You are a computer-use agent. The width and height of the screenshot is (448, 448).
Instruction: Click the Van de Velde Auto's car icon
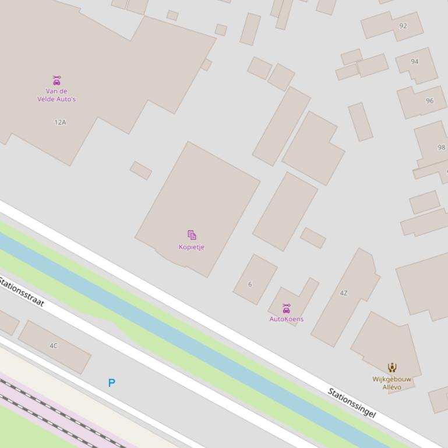coord(57,80)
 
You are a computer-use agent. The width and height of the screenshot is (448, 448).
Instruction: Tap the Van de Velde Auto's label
coord(57,95)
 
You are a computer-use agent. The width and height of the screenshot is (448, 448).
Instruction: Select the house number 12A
coord(60,122)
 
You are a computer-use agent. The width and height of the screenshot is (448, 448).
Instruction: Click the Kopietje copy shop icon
coord(192,235)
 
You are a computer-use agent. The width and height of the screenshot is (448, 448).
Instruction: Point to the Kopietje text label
coord(192,247)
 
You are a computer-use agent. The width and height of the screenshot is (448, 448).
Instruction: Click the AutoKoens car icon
coord(286,308)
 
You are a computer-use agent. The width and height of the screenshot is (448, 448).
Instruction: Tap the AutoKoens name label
coord(286,319)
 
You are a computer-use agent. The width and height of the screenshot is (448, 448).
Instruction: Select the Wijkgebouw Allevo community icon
coord(392,368)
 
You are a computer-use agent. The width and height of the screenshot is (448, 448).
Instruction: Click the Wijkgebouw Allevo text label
coord(392,383)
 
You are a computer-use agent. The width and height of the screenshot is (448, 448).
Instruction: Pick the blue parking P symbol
coord(111,383)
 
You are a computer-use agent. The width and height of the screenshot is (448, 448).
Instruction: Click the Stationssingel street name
coord(352,403)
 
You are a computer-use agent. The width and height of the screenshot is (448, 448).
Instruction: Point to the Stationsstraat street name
coord(22,292)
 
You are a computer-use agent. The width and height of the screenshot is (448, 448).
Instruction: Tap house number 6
coord(250,285)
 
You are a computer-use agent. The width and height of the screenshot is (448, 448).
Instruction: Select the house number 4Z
coord(344,293)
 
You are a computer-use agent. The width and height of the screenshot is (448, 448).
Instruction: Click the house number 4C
coord(54,346)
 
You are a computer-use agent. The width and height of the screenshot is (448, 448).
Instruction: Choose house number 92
coord(403,26)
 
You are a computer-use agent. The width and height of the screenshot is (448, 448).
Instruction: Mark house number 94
coord(415,62)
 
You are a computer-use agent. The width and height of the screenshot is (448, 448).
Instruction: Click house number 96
coord(430,101)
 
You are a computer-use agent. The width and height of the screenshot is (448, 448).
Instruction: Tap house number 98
coord(441,147)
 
